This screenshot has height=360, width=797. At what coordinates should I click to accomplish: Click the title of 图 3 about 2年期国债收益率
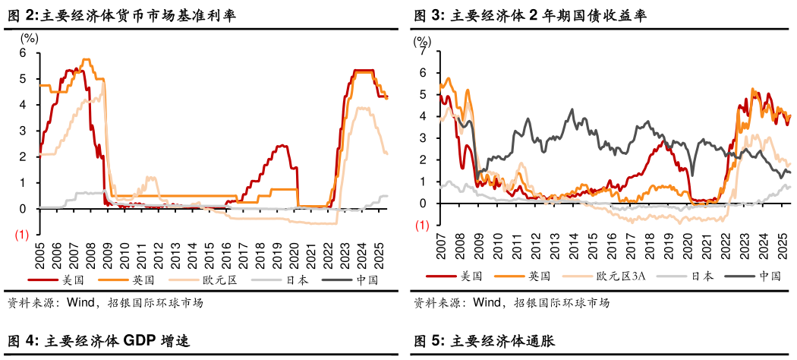pyautogui.click(x=530, y=16)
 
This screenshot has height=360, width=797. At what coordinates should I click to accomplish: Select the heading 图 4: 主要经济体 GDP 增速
pyautogui.click(x=98, y=341)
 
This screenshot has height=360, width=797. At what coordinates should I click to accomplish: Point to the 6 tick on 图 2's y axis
pyautogui.click(x=23, y=52)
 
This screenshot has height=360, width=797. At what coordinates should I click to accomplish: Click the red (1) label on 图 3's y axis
pyautogui.click(x=421, y=226)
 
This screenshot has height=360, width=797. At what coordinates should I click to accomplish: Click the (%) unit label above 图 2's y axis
pyautogui.click(x=28, y=37)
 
